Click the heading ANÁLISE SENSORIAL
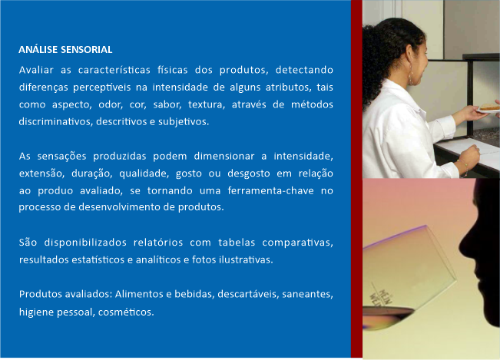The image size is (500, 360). pyautogui.click(x=65, y=50)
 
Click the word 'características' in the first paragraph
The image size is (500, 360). pyautogui.click(x=114, y=70)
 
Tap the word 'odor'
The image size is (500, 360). pyautogui.click(x=111, y=104)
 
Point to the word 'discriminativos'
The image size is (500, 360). pyautogui.click(x=55, y=122)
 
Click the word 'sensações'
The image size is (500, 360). pyautogui.click(x=62, y=157)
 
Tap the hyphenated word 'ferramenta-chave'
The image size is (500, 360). pyautogui.click(x=270, y=190)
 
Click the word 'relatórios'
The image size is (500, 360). pyautogui.click(x=158, y=243)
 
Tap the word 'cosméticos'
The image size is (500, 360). pyautogui.click(x=126, y=312)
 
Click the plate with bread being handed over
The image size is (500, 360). pyautogui.click(x=488, y=108)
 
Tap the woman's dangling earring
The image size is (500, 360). pyautogui.click(x=411, y=76)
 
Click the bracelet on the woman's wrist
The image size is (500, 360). pyautogui.click(x=464, y=167)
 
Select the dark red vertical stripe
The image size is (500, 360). pyautogui.click(x=356, y=179)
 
